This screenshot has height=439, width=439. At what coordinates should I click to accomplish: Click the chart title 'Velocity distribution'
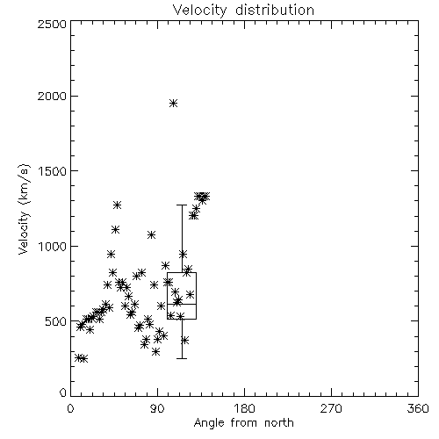pyautogui.click(x=243, y=10)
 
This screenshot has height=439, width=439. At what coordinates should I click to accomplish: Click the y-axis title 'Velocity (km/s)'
pyautogui.click(x=24, y=209)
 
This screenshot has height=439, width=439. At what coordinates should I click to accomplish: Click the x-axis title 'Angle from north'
pyautogui.click(x=243, y=423)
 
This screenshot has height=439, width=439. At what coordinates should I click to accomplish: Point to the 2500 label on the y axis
pyautogui.click(x=52, y=24)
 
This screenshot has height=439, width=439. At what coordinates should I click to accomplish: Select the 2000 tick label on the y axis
pyautogui.click(x=52, y=97)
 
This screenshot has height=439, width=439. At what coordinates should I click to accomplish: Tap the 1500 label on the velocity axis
pyautogui.click(x=52, y=171)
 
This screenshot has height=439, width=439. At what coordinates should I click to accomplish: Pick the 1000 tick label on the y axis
pyautogui.click(x=52, y=247)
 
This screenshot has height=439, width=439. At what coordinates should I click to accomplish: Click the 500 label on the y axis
pyautogui.click(x=56, y=321)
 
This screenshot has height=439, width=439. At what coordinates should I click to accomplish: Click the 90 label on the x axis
pyautogui.click(x=157, y=408)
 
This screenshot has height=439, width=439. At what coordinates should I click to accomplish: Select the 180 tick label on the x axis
pyautogui.click(x=244, y=408)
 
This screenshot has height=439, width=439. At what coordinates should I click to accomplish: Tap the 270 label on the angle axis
pyautogui.click(x=331, y=408)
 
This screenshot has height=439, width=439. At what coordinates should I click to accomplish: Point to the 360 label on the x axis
pyautogui.click(x=418, y=408)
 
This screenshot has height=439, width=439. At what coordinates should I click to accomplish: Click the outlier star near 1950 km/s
pyautogui.click(x=174, y=104)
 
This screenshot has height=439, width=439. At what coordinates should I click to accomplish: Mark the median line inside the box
pyautogui.click(x=182, y=305)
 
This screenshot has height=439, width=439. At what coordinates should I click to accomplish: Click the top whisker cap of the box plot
pyautogui.click(x=182, y=205)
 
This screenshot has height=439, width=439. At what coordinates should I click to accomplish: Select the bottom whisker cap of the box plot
pyautogui.click(x=182, y=358)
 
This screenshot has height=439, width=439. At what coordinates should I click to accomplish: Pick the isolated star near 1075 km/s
pyautogui.click(x=151, y=234)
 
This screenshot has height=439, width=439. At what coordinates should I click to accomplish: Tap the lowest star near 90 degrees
pyautogui.click(x=155, y=351)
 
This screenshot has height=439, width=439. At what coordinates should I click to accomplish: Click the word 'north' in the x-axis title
pyautogui.click(x=279, y=423)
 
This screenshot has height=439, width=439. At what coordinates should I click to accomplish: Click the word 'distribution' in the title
pyautogui.click(x=275, y=10)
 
